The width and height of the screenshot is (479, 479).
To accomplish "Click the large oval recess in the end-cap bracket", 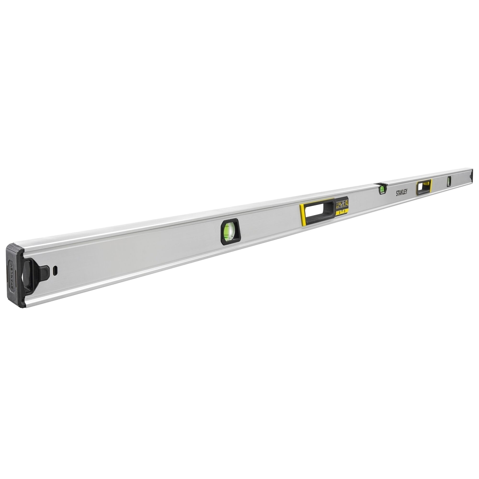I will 28,275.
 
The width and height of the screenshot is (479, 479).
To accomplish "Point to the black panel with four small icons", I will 342,204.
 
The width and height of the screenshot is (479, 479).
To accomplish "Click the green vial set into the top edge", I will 382,189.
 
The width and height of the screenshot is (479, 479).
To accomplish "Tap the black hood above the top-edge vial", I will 382,184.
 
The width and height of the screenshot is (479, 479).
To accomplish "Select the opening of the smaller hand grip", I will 423,186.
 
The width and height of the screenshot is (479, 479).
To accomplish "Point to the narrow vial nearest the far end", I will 449,181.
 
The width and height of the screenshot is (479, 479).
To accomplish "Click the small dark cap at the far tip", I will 472,176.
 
